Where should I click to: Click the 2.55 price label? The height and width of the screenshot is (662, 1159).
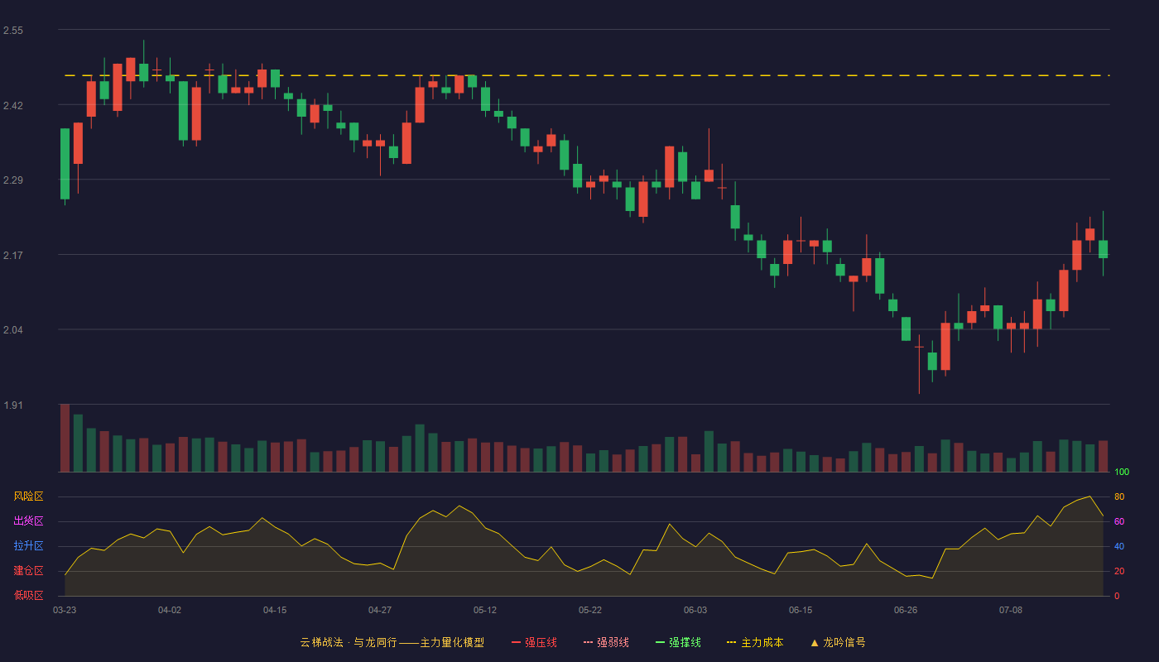coord(13,31)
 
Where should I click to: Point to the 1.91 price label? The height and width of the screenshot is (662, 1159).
coord(13,405)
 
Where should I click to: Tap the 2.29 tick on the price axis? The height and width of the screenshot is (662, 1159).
coord(13,180)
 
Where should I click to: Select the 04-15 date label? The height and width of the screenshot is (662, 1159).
coord(275,611)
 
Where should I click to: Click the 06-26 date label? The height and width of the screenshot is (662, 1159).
coord(906,611)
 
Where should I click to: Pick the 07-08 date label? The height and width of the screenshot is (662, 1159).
coord(1011,611)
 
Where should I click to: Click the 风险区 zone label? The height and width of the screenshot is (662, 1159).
coord(28,496)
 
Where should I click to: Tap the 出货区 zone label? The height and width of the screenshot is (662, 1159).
coord(28,520)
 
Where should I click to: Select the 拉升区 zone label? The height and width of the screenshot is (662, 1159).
coord(28,545)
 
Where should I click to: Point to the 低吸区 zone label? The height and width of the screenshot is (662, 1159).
coord(28,595)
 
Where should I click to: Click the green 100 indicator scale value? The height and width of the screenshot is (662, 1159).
coord(1122,472)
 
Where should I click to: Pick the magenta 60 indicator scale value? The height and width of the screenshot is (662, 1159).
coord(1119,521)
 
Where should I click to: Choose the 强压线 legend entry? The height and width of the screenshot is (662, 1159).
coord(534,642)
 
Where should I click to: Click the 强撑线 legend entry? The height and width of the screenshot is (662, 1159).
coord(678,642)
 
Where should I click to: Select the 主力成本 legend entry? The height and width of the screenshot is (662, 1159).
coord(755,642)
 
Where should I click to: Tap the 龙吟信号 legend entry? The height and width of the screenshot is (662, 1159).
coord(838,642)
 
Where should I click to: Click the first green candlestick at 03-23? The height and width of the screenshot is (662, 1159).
coord(65,164)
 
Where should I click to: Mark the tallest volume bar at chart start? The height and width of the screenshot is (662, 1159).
coord(65,438)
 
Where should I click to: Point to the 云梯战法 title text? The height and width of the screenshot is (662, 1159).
coord(321,642)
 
